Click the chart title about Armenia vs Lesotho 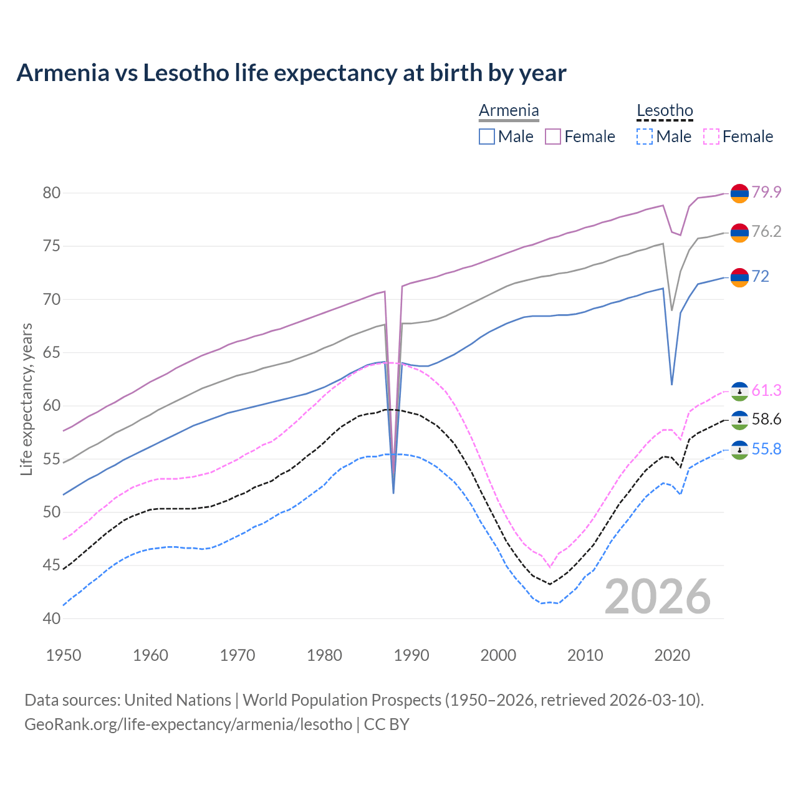[x=291, y=73]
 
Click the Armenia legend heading [x=509, y=110]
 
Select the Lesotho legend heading [x=665, y=110]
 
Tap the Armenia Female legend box [x=553, y=137]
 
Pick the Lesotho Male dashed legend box [x=644, y=137]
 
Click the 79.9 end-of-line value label [x=766, y=192]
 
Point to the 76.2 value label [x=766, y=232]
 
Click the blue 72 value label [x=761, y=276]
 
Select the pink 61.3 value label [x=766, y=390]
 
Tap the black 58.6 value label [x=766, y=419]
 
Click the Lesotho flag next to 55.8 [x=739, y=449]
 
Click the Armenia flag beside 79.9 [x=739, y=193]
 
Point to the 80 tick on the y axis [x=51, y=193]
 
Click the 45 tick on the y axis [x=51, y=565]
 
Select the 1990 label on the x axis [x=411, y=655]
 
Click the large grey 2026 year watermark [x=658, y=597]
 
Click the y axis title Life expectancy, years [x=26, y=399]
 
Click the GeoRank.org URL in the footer [x=188, y=724]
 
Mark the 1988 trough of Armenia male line [x=393, y=493]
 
